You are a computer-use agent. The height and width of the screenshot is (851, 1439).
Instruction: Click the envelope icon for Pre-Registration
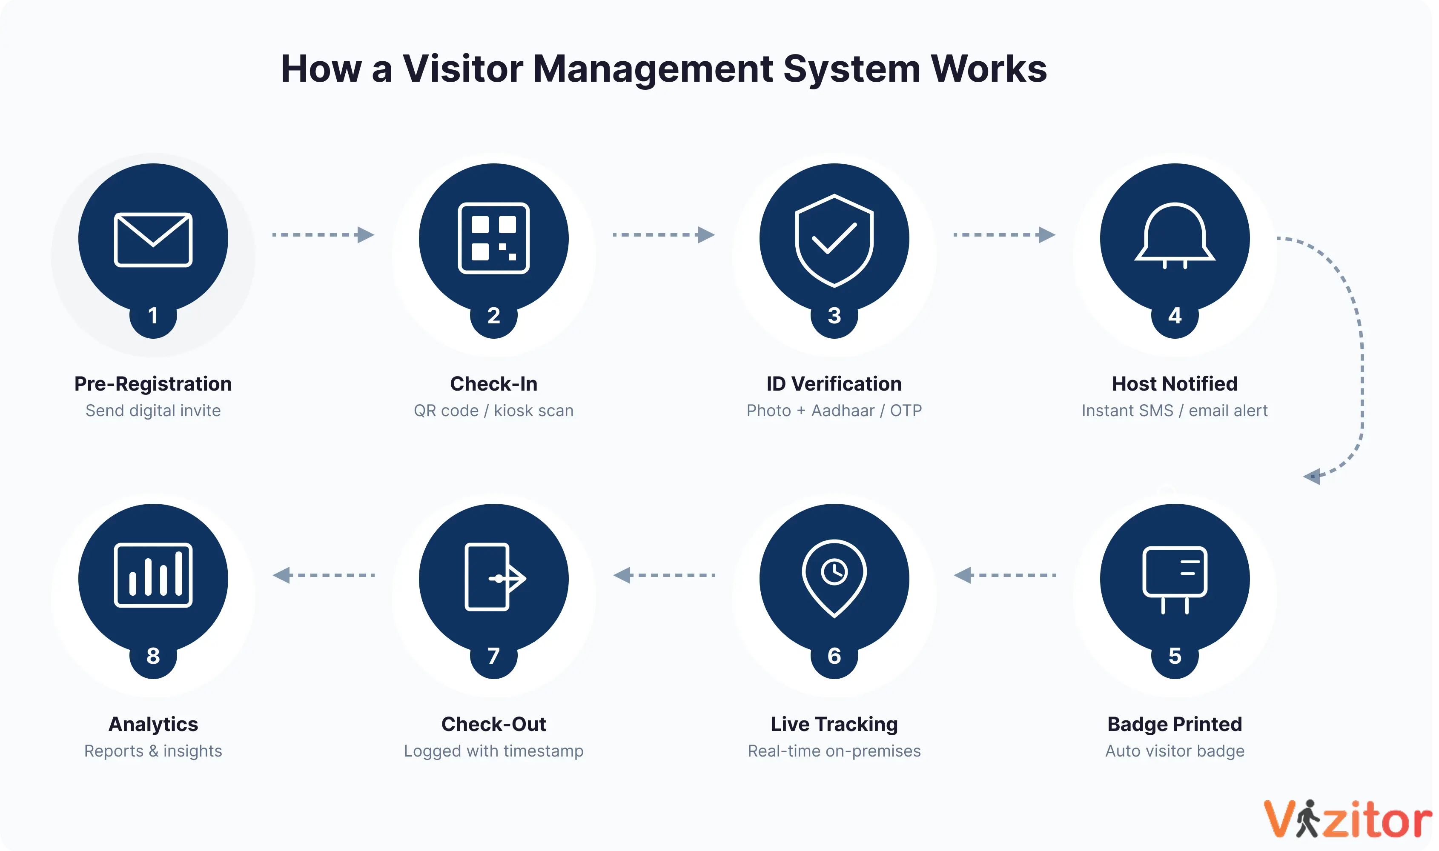pyautogui.click(x=153, y=240)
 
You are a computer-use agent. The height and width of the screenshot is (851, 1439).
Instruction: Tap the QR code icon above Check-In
pyautogui.click(x=493, y=238)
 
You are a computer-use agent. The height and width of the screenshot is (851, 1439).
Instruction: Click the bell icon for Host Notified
pyautogui.click(x=1175, y=236)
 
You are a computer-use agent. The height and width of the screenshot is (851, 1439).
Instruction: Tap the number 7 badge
pyautogui.click(x=493, y=655)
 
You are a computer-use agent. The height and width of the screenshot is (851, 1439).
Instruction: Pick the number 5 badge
pyautogui.click(x=1175, y=655)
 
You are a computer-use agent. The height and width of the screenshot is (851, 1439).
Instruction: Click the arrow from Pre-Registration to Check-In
pyautogui.click(x=323, y=234)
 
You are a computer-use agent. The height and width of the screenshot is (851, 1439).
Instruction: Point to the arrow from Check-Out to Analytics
pyautogui.click(x=323, y=574)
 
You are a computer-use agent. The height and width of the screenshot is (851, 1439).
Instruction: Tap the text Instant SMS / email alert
pyautogui.click(x=1175, y=411)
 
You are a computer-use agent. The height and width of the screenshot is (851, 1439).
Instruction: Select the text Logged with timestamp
pyautogui.click(x=493, y=751)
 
